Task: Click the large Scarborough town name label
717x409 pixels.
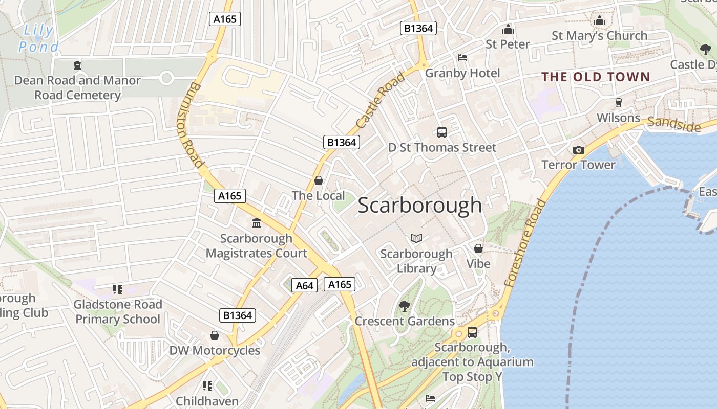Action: click(x=419, y=206)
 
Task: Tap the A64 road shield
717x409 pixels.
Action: click(x=304, y=285)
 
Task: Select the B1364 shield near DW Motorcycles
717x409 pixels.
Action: click(x=238, y=315)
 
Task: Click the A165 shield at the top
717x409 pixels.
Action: click(x=225, y=19)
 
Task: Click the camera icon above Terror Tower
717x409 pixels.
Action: click(x=579, y=150)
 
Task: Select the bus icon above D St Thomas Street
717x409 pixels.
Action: click(x=442, y=132)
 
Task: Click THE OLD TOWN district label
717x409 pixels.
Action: click(x=596, y=77)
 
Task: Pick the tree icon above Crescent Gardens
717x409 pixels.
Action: click(x=405, y=306)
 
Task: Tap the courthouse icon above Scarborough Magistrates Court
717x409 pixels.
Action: click(x=257, y=223)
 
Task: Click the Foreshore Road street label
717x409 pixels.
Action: click(x=525, y=242)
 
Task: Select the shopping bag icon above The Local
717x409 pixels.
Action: click(x=319, y=180)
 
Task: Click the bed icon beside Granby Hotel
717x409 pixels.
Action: click(x=462, y=58)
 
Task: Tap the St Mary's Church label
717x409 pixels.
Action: click(x=599, y=36)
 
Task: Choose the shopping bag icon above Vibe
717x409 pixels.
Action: click(x=478, y=248)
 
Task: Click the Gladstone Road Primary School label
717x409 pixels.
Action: click(x=118, y=312)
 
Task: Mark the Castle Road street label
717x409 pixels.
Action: click(x=380, y=101)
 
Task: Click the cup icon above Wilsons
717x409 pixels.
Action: click(x=618, y=102)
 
